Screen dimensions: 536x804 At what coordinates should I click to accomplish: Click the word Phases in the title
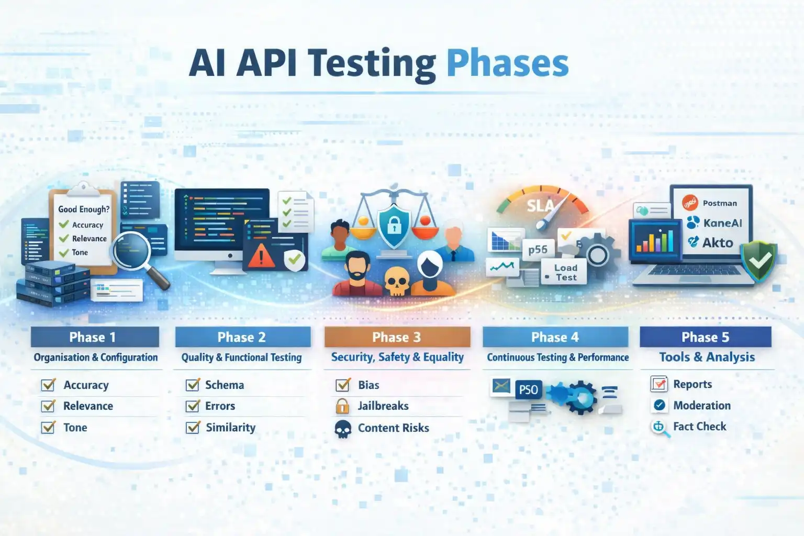507,64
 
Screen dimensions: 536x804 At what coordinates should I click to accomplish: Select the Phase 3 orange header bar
397,337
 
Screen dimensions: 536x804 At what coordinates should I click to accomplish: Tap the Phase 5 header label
705,337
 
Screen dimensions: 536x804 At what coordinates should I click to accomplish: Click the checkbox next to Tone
48,428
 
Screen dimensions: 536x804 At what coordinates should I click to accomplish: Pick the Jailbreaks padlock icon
342,406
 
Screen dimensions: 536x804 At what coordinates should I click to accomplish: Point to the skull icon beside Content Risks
343,429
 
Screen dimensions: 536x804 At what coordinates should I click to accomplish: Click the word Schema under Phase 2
224,385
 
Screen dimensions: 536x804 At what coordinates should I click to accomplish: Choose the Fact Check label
699,427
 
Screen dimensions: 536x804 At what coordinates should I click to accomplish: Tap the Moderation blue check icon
660,405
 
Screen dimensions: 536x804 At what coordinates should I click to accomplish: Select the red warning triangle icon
261,256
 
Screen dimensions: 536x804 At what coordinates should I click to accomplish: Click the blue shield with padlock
394,225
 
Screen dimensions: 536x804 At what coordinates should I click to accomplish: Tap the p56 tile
538,250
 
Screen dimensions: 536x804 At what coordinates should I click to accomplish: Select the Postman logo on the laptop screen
690,203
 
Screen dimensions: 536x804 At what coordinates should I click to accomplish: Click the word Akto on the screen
718,243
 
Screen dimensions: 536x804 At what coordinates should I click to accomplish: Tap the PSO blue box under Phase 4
528,390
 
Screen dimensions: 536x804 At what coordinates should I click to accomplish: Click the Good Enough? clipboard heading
84,209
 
